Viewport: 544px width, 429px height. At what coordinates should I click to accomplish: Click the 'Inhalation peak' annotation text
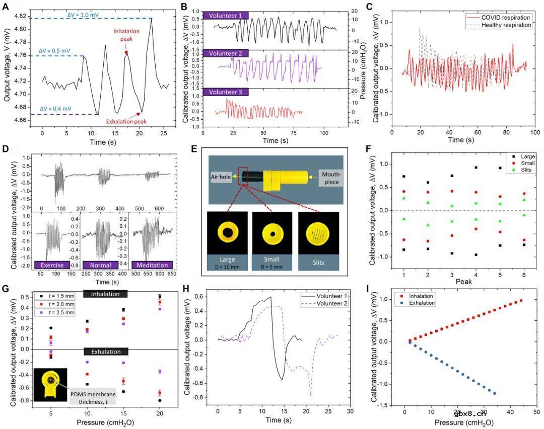point(126,37)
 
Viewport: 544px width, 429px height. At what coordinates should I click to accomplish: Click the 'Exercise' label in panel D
point(52,265)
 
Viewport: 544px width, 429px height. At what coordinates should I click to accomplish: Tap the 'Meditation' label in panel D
point(151,265)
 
